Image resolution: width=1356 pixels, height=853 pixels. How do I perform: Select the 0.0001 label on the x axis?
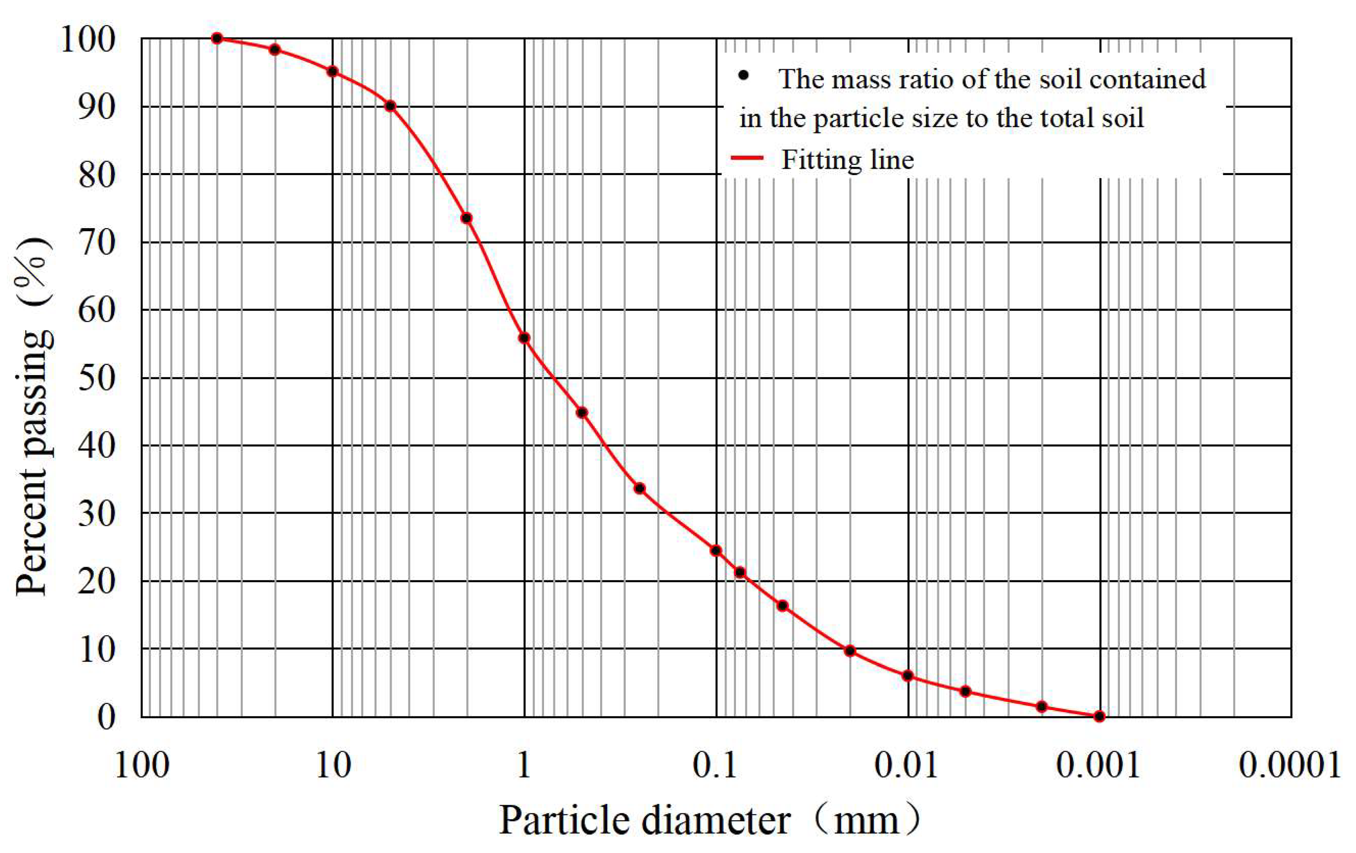coord(1289,766)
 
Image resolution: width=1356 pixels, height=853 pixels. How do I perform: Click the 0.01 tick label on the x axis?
coord(907,766)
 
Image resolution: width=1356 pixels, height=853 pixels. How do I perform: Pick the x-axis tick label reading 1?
coord(524,766)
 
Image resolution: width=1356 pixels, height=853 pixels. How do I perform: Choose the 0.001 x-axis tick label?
coord(1098,766)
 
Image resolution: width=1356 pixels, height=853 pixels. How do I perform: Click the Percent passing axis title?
coord(34,417)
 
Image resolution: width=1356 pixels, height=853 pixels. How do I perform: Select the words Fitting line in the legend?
coord(847,160)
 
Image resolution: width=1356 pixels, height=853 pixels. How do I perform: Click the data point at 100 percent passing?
coord(217,38)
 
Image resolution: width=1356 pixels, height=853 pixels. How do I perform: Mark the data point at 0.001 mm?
coord(1099,716)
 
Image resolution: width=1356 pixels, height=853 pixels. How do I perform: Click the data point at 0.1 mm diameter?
coord(716,551)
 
